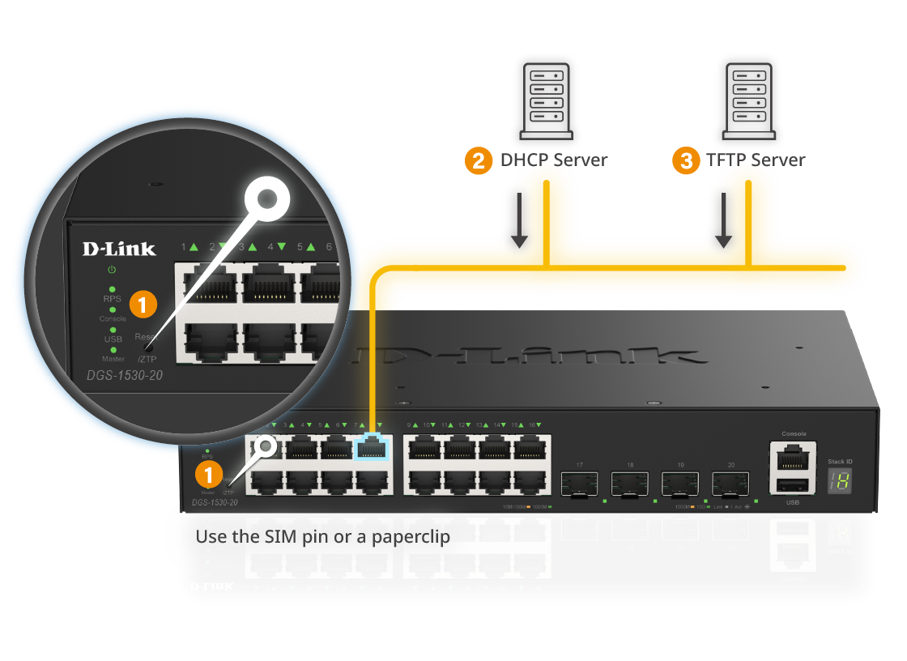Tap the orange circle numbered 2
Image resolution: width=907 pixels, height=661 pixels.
tap(479, 160)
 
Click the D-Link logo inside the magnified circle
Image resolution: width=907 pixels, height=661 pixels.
tap(118, 249)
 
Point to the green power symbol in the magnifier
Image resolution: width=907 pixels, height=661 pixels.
tap(112, 270)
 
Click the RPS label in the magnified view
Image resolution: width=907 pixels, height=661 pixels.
tap(112, 298)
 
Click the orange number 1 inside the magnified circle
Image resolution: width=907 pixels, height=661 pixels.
tap(143, 305)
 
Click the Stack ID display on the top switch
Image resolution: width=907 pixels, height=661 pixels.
tap(839, 482)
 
